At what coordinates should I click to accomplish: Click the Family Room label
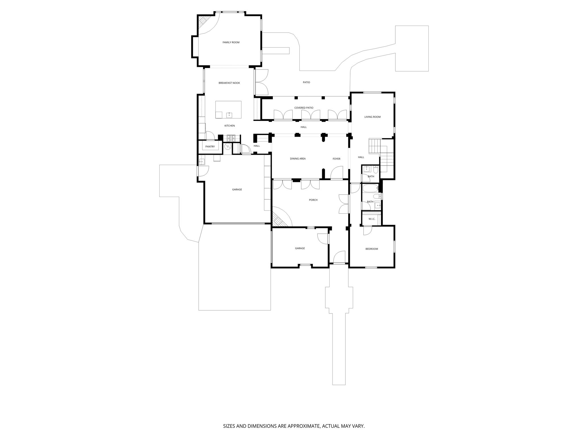point(231,42)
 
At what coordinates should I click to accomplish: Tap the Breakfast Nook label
point(229,83)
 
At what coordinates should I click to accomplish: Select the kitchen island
point(228,109)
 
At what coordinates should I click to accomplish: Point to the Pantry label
point(210,147)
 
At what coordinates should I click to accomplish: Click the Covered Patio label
point(304,108)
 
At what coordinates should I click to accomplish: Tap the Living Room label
point(372,117)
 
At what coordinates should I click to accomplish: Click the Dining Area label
point(298,158)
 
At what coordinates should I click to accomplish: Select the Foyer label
point(336,159)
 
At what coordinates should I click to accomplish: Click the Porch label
point(313,200)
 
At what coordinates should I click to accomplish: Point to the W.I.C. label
point(372,219)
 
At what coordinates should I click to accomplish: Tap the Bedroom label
point(372,249)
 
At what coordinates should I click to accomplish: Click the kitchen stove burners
point(231,138)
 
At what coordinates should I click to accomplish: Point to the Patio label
point(306,82)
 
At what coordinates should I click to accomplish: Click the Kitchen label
point(230,126)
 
